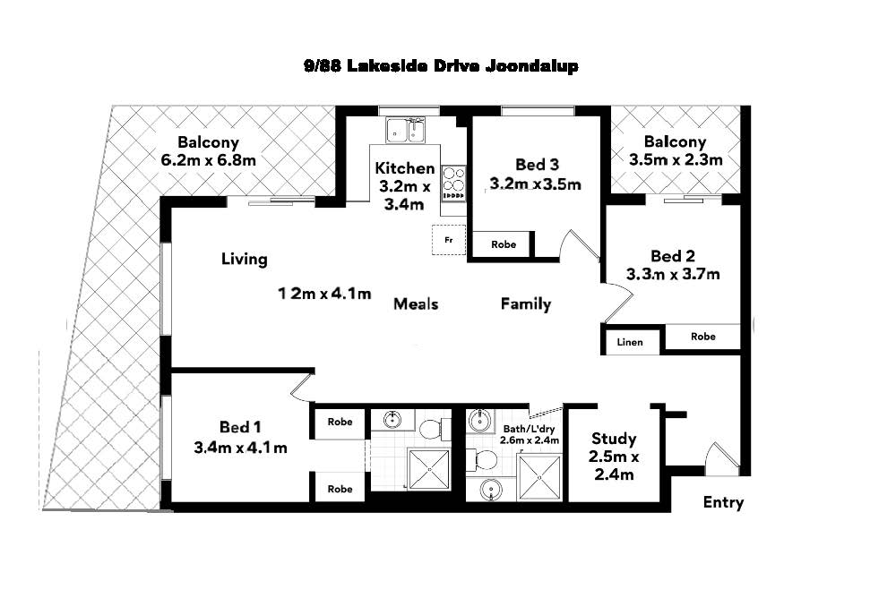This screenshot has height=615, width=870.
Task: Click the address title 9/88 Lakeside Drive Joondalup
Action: tap(441, 66)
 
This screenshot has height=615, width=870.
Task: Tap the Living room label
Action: tap(245, 260)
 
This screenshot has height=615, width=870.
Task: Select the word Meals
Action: tap(416, 304)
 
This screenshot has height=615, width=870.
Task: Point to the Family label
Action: tap(525, 304)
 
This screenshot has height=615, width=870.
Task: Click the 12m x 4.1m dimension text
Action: tap(323, 294)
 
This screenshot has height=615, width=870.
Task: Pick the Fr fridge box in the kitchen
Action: tap(449, 241)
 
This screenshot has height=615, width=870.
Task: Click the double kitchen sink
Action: tap(406, 131)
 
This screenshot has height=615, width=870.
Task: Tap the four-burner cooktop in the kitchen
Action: tap(453, 182)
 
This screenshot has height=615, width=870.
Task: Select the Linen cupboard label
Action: tap(630, 342)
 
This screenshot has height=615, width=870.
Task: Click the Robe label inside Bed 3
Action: tap(504, 244)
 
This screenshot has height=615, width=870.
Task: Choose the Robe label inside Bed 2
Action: tap(703, 337)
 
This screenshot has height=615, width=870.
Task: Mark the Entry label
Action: tap(723, 502)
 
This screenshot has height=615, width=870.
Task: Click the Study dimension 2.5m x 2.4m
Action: tap(614, 466)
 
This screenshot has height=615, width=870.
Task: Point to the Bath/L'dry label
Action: tap(529, 429)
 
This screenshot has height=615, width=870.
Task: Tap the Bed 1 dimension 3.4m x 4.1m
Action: tap(240, 448)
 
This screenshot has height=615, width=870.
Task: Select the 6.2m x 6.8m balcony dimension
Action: tap(208, 160)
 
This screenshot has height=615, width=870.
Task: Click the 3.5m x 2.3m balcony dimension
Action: tap(676, 160)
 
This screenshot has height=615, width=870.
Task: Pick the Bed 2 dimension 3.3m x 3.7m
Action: tap(673, 274)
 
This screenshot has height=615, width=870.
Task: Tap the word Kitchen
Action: tap(405, 168)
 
